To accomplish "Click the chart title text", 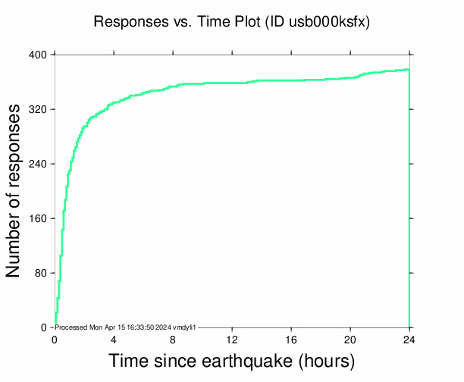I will click(231, 22).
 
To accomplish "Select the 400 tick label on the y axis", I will click(38, 55).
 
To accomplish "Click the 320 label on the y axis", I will click(38, 110).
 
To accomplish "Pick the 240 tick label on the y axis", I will click(38, 164).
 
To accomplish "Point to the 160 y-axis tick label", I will click(38, 219).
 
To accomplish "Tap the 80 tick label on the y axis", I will click(41, 274).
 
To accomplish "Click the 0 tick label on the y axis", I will click(44, 328).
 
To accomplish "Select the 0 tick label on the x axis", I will click(55, 340).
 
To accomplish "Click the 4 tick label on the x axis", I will click(114, 340).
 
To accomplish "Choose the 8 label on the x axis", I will click(173, 340).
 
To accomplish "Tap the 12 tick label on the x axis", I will click(232, 340).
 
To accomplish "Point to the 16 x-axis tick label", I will click(291, 340).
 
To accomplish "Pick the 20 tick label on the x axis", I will click(350, 340).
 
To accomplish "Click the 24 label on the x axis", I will click(409, 340).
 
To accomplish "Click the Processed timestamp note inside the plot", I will click(126, 327).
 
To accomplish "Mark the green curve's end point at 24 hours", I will click(409, 70).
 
